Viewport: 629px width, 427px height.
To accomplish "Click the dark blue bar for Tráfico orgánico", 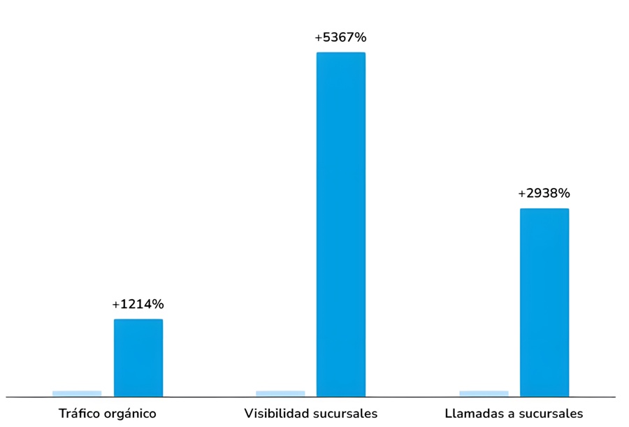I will (x=138, y=358).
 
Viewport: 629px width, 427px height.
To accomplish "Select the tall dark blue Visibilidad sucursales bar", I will (x=341, y=224).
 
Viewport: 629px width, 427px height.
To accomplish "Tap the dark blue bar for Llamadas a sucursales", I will (x=544, y=302).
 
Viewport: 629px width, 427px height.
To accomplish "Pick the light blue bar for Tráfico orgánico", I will (x=77, y=393).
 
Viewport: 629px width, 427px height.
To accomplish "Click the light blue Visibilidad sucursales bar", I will (x=280, y=393).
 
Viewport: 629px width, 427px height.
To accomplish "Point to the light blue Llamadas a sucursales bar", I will (x=484, y=393).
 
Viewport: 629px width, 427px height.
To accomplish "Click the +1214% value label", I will (x=138, y=304).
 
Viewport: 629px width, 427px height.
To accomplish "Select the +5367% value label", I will (x=340, y=37).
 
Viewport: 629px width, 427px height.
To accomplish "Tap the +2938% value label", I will (x=544, y=193).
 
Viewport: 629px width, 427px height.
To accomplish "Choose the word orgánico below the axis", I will (x=129, y=414).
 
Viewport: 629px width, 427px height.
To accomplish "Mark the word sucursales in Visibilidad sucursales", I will (x=345, y=413).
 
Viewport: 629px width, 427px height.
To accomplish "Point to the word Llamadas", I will (x=471, y=413).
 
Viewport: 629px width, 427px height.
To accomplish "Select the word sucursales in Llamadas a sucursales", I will (x=549, y=413).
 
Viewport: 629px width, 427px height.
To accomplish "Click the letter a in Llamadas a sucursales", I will (x=507, y=414).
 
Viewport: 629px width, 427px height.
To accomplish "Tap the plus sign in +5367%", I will (x=319, y=38).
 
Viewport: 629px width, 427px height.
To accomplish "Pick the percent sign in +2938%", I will (x=563, y=193).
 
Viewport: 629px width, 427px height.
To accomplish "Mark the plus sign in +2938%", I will (x=521, y=194).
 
